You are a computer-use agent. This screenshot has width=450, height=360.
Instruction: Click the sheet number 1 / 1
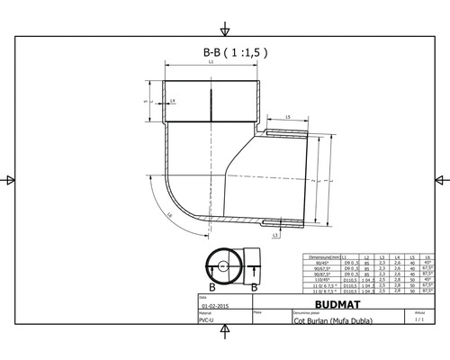[418, 319]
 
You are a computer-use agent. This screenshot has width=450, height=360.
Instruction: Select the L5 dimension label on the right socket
[286, 118]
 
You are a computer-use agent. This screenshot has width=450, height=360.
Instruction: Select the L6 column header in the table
[427, 256]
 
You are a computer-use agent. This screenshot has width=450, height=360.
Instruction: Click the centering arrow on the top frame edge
[224, 23]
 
